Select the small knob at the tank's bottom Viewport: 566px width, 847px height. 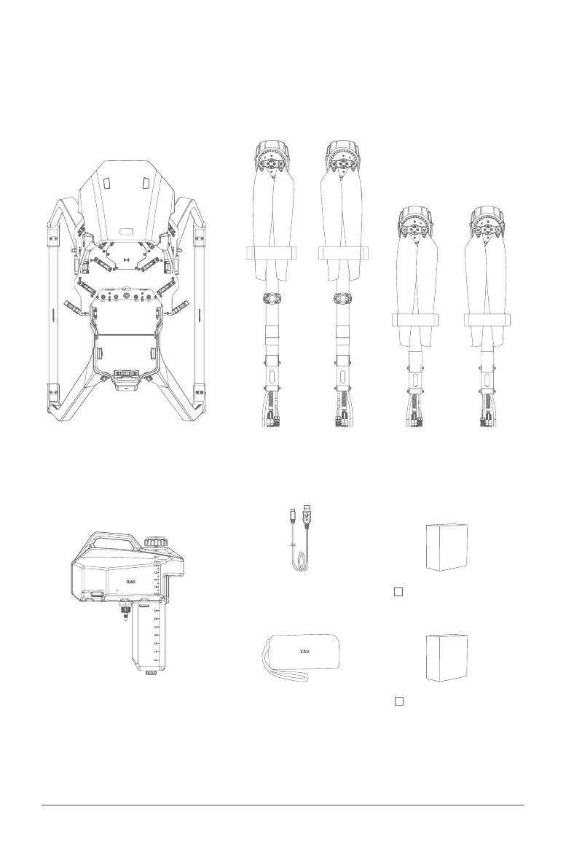151,673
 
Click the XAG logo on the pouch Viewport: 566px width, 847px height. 304,650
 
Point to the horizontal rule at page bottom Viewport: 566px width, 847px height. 283,805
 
